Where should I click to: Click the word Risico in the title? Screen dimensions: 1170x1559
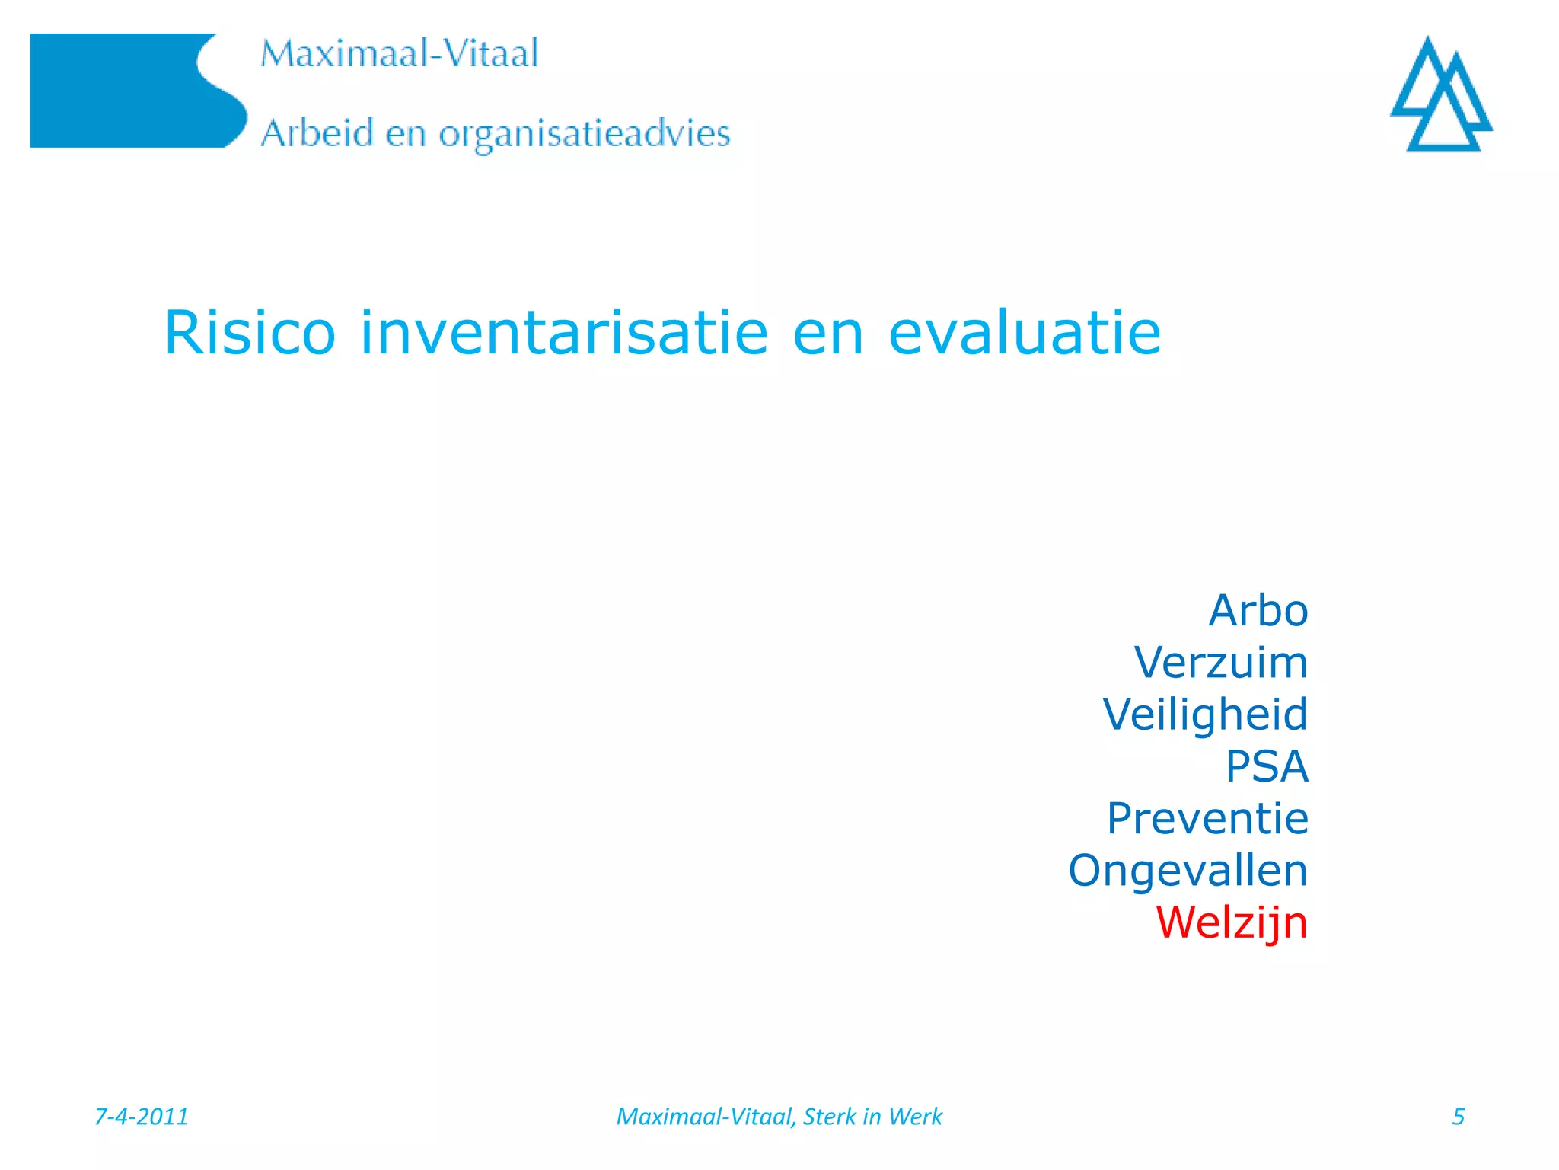[250, 333]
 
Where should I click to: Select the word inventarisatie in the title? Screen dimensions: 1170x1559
[564, 333]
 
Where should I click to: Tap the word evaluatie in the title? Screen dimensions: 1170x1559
[1025, 333]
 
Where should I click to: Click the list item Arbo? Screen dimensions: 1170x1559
[1258, 611]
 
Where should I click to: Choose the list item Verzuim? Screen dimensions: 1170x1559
[1221, 663]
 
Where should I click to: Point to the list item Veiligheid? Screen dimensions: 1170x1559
[1205, 714]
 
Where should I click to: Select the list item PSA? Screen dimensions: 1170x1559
[1267, 766]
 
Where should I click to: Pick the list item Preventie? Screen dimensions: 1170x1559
[1207, 819]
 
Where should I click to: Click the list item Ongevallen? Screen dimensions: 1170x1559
[1188, 871]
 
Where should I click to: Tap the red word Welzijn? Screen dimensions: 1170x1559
[1231, 922]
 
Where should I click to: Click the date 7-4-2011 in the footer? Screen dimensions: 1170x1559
[141, 1117]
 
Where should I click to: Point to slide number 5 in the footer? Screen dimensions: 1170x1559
[1458, 1117]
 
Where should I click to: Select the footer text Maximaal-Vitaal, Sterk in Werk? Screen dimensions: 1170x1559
[779, 1117]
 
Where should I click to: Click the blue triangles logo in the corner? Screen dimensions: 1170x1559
[1441, 94]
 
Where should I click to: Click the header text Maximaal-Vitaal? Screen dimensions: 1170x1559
[400, 54]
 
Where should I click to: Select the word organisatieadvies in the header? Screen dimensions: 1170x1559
[584, 134]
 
